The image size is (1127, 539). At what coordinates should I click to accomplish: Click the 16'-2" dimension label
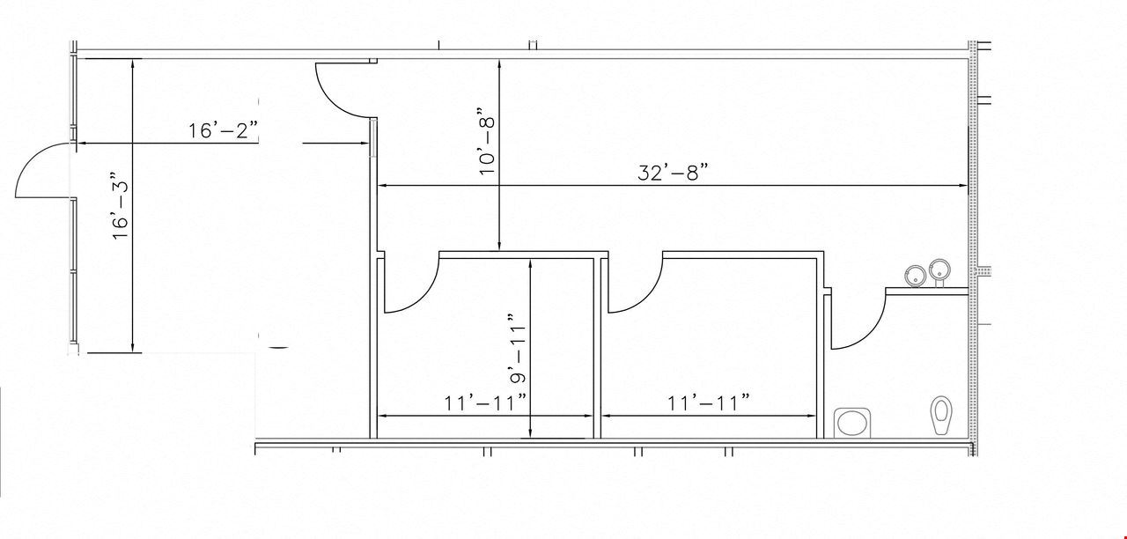[223, 130]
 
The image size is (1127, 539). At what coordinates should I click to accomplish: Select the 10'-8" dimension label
[487, 141]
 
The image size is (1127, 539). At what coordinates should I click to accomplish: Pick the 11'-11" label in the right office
[709, 402]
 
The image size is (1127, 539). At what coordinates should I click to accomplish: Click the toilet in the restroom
[941, 415]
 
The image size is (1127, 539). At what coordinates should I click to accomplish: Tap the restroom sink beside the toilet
[852, 423]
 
